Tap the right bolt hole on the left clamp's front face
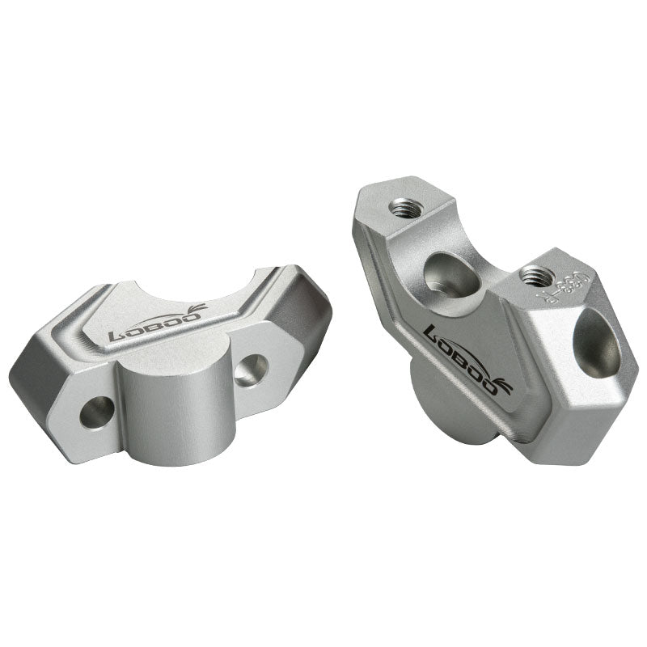(x=253, y=368)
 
